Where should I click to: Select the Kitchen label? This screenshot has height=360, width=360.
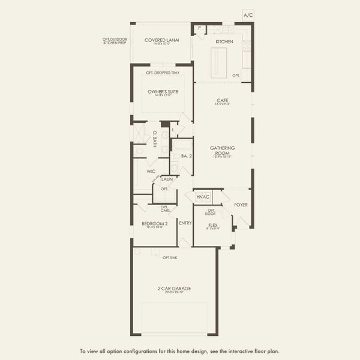click(x=224, y=41)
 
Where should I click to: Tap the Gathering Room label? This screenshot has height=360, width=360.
click(x=222, y=150)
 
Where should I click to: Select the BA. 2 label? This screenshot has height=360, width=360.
click(x=185, y=156)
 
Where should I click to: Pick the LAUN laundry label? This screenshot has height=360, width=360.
click(x=167, y=179)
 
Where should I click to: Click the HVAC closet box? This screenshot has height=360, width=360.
click(x=203, y=197)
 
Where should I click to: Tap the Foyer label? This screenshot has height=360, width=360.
click(x=241, y=205)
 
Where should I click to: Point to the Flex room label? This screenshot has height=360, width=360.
click(x=213, y=226)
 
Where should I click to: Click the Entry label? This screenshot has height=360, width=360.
click(x=185, y=223)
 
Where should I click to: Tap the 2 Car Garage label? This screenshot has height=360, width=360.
click(x=175, y=289)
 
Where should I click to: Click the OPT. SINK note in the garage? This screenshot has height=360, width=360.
click(x=169, y=257)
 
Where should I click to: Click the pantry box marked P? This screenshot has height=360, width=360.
click(x=199, y=28)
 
